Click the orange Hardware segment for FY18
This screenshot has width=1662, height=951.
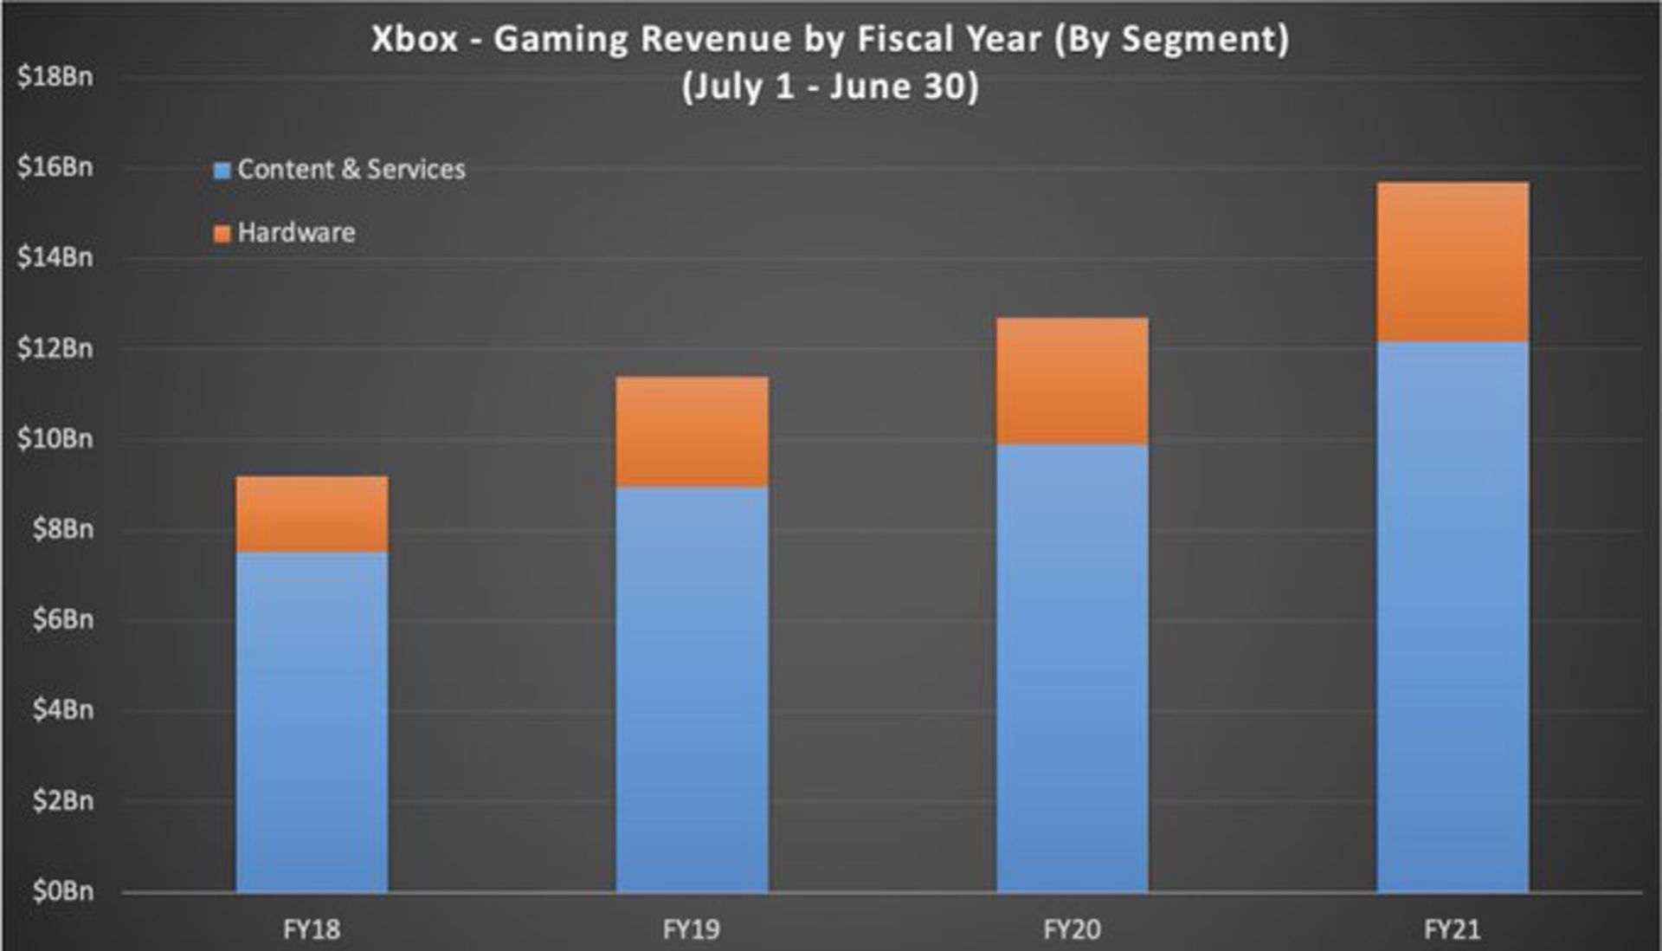312,514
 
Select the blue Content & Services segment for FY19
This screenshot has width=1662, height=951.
692,689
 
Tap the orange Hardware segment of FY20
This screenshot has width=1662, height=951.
1073,381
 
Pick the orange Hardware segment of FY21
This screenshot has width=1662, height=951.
1453,262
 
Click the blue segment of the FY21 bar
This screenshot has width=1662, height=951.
1453,617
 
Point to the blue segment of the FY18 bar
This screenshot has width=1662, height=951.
312,722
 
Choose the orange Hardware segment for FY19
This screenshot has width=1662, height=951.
692,432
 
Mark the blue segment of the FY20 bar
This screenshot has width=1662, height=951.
1073,669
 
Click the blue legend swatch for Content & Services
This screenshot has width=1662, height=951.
222,170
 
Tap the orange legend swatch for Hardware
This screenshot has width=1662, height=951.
222,234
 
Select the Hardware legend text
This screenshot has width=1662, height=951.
296,232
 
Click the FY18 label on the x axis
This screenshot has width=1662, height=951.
312,929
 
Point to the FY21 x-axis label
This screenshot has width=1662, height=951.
1453,929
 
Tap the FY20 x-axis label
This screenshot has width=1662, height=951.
1073,929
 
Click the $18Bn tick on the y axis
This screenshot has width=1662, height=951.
55,76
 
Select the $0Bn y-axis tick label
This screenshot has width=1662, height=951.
62,890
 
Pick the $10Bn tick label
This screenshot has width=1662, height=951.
55,438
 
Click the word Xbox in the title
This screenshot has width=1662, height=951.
415,39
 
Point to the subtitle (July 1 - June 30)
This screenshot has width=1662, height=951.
830,87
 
